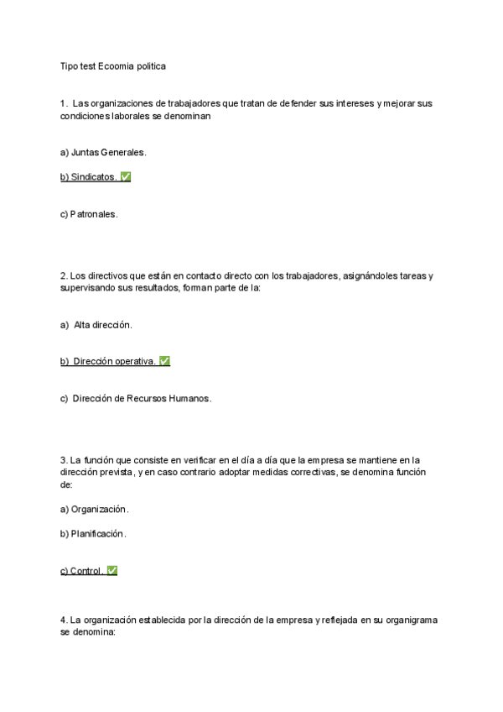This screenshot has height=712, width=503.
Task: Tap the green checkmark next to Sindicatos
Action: tap(126, 177)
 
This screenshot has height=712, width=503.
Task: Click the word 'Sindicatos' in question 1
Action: tap(93, 177)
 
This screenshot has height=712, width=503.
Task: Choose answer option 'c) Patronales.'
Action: tap(89, 214)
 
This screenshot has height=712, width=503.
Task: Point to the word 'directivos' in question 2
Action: tap(108, 275)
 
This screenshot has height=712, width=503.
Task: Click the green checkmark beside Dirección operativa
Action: tap(165, 361)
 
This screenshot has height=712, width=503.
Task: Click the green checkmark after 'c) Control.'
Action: tap(112, 571)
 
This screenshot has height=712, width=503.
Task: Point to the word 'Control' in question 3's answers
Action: tap(86, 571)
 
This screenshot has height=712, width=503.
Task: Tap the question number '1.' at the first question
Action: tap(64, 103)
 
